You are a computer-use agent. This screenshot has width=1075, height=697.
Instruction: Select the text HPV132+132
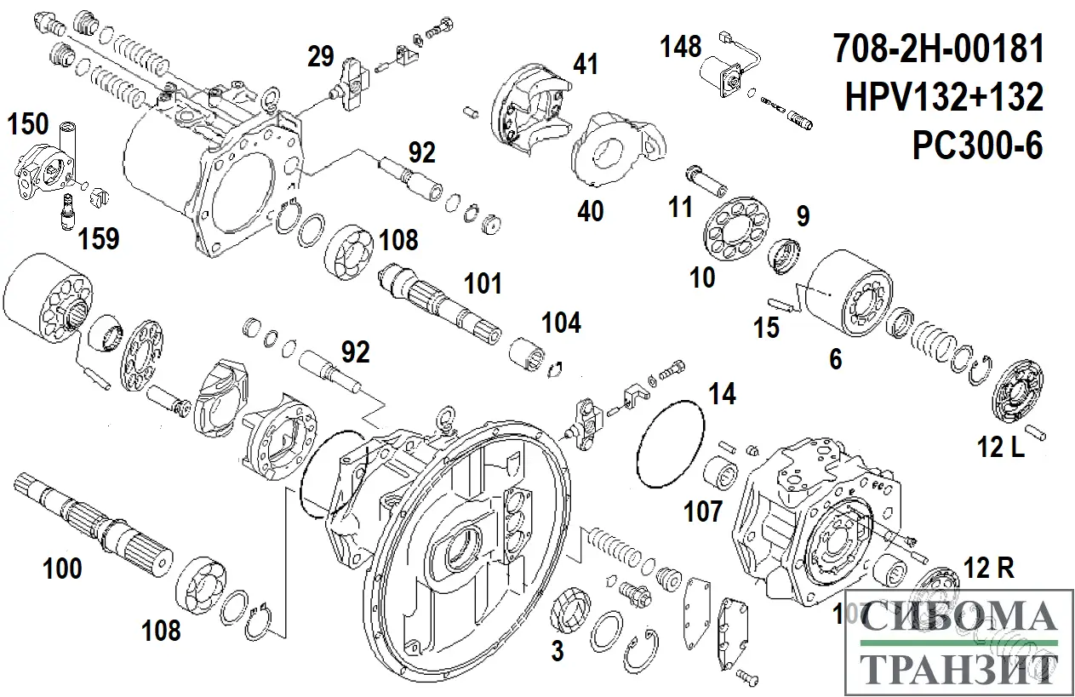[944, 99]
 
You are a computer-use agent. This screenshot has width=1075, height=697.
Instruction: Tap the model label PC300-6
[977, 146]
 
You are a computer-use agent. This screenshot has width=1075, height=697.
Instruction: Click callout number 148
[683, 47]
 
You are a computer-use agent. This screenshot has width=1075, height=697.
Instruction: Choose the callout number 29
[321, 58]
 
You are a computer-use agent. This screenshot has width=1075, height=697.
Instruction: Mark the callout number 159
[99, 239]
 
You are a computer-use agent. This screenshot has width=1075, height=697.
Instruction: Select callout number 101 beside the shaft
[483, 283]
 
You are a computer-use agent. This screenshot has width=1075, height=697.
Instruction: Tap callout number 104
[562, 323]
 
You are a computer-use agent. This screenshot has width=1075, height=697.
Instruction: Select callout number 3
[557, 652]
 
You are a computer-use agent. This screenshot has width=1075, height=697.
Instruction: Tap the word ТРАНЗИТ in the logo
[960, 670]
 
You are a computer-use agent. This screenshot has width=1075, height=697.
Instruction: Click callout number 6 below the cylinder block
[835, 360]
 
